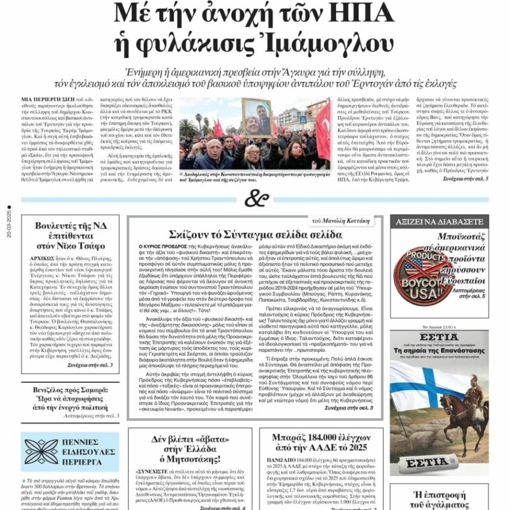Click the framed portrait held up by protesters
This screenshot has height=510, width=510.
point(257,118)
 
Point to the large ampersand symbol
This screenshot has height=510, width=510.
point(255,199)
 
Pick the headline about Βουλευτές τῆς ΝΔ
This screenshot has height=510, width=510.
point(70,235)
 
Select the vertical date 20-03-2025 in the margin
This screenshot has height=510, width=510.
point(9,224)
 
